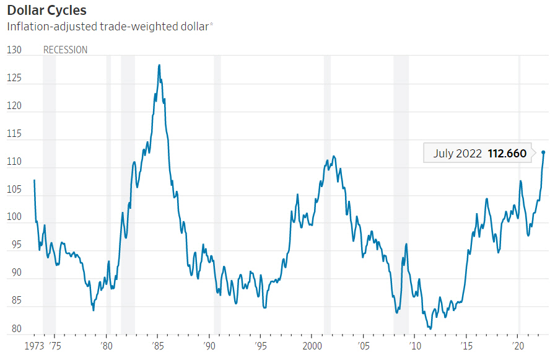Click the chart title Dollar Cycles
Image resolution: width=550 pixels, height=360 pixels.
click(46, 11)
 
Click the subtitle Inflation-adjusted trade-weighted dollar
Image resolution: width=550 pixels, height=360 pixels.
click(109, 27)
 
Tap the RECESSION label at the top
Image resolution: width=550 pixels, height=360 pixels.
click(65, 50)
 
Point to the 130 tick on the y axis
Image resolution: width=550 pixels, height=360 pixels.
click(14, 50)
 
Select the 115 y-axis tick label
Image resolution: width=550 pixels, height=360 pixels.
click(14, 134)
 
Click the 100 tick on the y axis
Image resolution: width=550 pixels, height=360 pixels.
click(14, 217)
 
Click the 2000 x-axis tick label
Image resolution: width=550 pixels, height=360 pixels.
click(312, 345)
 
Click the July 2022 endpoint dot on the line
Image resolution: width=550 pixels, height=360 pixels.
click(543, 152)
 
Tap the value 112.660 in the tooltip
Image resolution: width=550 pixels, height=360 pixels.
click(507, 153)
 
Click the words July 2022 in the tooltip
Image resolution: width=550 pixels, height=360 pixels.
click(458, 153)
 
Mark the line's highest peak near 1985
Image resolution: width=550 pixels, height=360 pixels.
click(159, 64)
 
